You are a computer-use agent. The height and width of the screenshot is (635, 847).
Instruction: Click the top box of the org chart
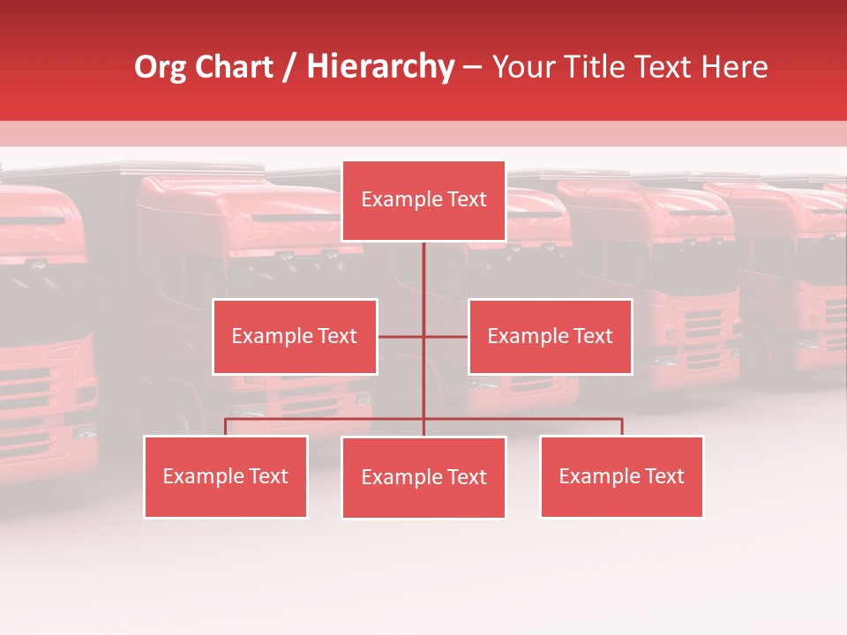click(x=423, y=200)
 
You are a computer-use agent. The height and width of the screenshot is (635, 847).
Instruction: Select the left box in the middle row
click(x=295, y=336)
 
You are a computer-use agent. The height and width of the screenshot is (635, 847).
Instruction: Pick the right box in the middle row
click(x=550, y=336)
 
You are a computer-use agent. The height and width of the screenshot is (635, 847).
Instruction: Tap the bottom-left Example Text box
click(x=226, y=476)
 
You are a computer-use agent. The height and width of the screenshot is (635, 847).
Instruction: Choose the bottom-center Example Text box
click(x=423, y=477)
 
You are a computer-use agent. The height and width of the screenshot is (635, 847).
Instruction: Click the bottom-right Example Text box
click(x=621, y=476)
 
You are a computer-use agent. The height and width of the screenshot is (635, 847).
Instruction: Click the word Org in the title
click(x=160, y=67)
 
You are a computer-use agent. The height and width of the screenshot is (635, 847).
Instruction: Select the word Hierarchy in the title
click(x=379, y=67)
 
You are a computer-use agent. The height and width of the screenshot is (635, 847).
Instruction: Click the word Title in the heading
click(x=597, y=67)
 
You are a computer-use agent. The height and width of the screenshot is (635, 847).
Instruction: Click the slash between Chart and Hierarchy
click(x=289, y=68)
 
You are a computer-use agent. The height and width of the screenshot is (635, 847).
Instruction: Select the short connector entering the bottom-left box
click(x=226, y=427)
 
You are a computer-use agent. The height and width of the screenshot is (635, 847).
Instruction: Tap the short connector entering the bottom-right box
click(x=622, y=427)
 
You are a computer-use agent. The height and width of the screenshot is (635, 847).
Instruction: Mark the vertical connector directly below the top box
click(x=423, y=269)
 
